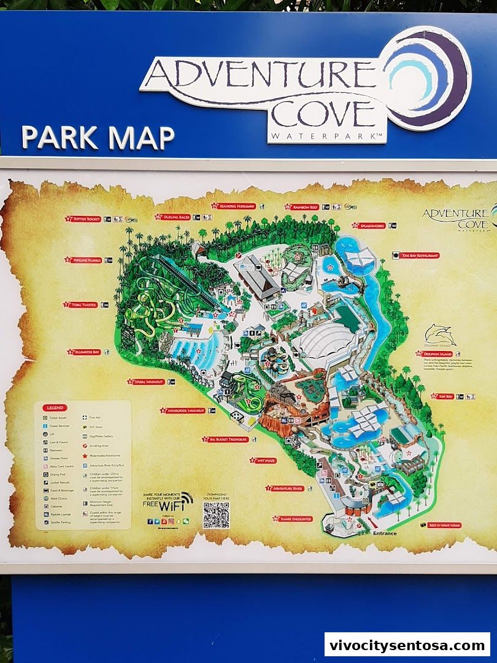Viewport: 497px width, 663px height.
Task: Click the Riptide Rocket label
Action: pos(87,219)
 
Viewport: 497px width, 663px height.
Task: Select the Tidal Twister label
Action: pos(83,304)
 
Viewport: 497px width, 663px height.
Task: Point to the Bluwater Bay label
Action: pos(87,352)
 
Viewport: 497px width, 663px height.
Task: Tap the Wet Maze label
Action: pos(265,460)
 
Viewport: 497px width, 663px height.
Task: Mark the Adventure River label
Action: pos(287,488)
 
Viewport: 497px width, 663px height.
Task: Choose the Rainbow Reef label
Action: pos(304,207)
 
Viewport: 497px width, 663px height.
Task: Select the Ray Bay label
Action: pos(444,396)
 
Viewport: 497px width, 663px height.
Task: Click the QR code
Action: pos(216,515)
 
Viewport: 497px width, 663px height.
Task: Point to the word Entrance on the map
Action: pos(385,533)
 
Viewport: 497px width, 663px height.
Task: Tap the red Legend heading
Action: pos(55,408)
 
